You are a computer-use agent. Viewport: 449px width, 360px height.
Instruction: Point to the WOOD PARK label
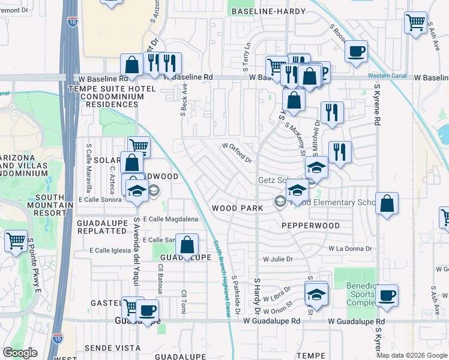[238, 208]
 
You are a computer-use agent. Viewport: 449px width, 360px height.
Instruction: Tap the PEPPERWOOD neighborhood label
[310, 226]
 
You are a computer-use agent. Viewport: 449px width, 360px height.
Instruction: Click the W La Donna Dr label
[350, 248]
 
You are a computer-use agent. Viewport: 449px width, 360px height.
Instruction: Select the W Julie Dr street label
[277, 259]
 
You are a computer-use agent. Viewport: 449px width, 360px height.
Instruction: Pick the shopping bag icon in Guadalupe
[187, 245]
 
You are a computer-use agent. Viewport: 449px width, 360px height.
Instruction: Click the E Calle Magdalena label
[170, 220]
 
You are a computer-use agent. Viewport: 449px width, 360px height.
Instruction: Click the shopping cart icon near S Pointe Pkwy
[16, 241]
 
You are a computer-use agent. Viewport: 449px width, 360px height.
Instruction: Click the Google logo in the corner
[20, 352]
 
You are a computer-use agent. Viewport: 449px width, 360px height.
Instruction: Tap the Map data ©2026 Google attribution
[411, 355]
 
